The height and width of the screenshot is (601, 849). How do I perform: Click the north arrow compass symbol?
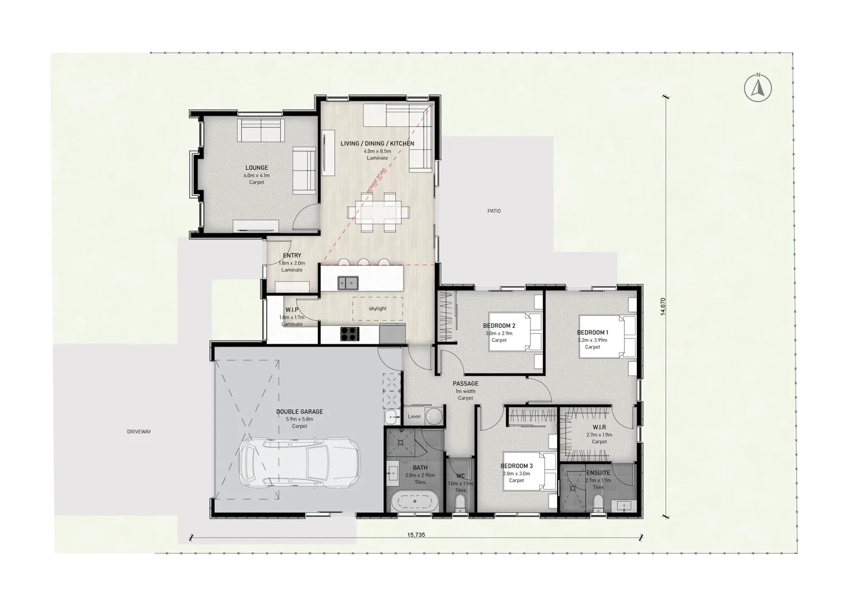(x=758, y=88)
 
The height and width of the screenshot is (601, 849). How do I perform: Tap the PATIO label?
(x=494, y=211)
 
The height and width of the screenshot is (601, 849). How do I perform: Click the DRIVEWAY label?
(x=139, y=432)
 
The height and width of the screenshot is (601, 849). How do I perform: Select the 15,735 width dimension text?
(x=416, y=535)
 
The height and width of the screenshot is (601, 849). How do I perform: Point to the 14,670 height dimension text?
(x=663, y=306)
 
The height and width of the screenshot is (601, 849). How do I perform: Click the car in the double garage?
(x=299, y=462)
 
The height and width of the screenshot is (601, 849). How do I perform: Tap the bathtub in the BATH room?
(x=415, y=501)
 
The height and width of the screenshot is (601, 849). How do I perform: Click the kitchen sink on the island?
(x=348, y=283)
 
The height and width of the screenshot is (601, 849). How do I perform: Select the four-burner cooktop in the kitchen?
(x=350, y=334)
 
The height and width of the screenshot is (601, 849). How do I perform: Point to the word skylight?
(x=377, y=308)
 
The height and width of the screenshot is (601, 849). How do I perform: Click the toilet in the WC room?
(x=460, y=505)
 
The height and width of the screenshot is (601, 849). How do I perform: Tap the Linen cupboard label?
(x=414, y=416)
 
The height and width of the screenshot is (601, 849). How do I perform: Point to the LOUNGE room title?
(x=257, y=168)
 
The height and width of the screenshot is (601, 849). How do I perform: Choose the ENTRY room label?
(x=292, y=255)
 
